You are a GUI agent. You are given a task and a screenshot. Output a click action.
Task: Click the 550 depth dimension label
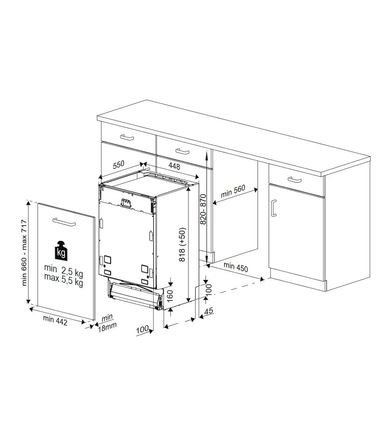coord(119,165)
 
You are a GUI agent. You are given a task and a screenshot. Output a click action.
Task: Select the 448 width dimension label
coord(174,166)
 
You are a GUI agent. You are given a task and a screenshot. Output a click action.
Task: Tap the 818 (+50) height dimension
coord(182,245)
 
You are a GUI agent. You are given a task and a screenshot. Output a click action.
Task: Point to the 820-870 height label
coord(203,209)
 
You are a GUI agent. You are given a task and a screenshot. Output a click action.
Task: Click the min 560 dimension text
coord(233,191)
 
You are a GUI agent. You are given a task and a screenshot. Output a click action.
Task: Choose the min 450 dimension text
coord(236,267)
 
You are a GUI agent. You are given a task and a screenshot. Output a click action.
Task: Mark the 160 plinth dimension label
coord(170,296)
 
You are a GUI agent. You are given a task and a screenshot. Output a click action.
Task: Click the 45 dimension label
coord(209,311)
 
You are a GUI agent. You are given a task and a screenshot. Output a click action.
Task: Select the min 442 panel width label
coord(55,321)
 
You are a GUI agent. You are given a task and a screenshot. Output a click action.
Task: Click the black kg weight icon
coord(61,251)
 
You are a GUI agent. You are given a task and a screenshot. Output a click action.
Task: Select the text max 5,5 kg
coord(64,280)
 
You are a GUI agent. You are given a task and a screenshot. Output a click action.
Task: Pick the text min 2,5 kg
coord(64,271)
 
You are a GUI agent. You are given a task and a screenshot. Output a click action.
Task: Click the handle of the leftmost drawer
coord(127,137)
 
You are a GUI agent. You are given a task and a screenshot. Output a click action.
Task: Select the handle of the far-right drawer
coord(294,180)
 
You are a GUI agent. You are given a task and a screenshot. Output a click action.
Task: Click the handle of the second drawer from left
coord(182,151)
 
